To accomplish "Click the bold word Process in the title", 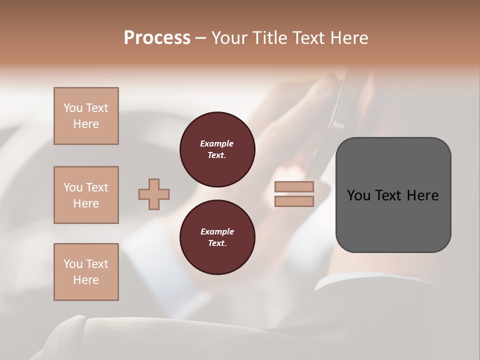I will coord(157,38).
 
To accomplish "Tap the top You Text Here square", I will coord(86,116).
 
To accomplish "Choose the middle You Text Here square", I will coord(86,195).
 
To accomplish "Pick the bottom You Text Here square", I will coord(86,272).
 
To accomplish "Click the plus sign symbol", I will coord(154,194).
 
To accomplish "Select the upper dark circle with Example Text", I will coord(217,149).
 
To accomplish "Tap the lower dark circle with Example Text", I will coord(217,237).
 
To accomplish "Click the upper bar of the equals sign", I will coord(294,187).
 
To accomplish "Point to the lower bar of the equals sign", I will coord(294,201).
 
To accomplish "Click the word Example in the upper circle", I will coord(217,144).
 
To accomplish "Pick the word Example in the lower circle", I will coord(217,232).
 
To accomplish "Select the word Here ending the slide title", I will coord(351,38).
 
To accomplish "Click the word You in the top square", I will coord(73,108).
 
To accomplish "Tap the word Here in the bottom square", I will coord(86,280).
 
